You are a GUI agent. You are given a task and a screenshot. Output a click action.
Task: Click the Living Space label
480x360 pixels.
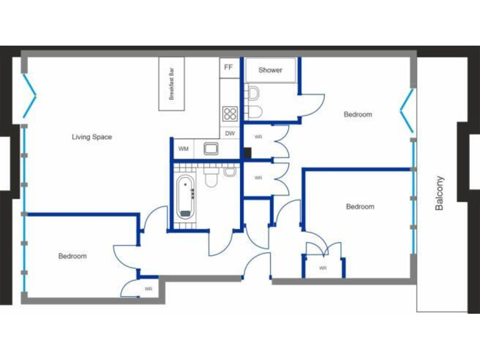click(92, 137)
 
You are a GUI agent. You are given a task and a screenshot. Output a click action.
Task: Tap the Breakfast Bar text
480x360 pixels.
click(171, 84)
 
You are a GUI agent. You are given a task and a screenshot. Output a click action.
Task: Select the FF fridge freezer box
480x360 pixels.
click(229, 67)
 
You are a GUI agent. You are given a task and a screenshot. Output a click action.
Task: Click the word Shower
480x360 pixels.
click(270, 70)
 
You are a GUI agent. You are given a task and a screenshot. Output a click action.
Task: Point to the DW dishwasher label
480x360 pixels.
click(229, 133)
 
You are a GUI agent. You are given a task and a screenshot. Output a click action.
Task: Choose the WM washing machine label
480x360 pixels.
click(183, 149)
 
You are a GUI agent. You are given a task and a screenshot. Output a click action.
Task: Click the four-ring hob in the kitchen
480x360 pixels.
click(229, 114)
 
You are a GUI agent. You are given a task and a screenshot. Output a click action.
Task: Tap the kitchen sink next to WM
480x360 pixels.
click(211, 149)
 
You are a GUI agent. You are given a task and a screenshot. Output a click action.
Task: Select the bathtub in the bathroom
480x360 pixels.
click(185, 196)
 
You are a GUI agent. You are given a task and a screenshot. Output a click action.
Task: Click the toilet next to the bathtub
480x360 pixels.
click(211, 178)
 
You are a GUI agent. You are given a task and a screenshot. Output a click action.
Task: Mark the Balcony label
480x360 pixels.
click(439, 192)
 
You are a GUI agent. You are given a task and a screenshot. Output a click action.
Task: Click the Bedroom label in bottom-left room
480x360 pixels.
click(72, 256)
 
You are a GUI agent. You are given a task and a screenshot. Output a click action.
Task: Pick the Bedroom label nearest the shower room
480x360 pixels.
click(357, 114)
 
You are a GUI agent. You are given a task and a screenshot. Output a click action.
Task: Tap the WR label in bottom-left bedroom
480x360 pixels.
click(148, 289)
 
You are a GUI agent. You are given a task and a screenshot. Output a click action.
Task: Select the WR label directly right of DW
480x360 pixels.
click(257, 136)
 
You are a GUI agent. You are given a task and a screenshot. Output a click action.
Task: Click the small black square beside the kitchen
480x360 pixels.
click(247, 152)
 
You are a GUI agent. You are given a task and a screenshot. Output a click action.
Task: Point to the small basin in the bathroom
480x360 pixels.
click(229, 171)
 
